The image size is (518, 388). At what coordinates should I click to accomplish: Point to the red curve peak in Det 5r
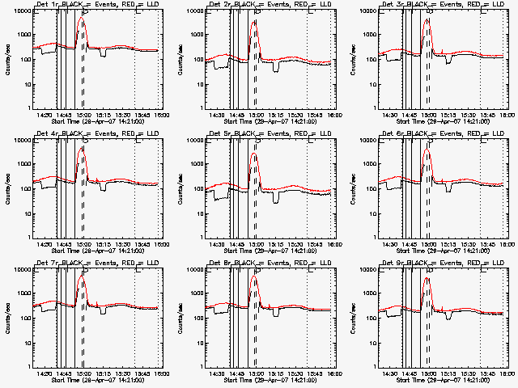[x=254, y=154]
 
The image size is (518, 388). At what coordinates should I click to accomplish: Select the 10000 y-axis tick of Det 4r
[x=21, y=141]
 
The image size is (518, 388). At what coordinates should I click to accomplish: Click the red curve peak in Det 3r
[x=427, y=19]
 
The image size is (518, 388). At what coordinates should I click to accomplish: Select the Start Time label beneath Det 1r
[x=99, y=120]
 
